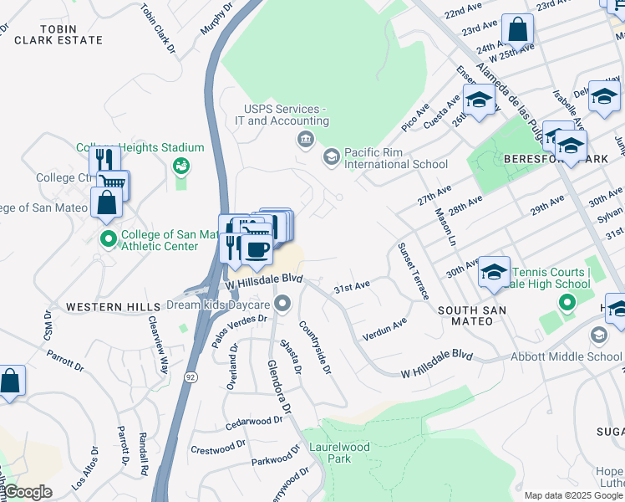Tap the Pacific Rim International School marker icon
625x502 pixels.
tap(332, 156)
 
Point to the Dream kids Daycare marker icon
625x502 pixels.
tap(283, 302)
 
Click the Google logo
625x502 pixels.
tap(28, 492)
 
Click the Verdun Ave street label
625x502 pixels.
tap(384, 328)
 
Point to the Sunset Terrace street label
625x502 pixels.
tap(413, 271)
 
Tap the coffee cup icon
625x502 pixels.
tap(256, 248)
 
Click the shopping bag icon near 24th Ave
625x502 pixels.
tap(518, 32)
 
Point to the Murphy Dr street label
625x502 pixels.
tap(216, 19)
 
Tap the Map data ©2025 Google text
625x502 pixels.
tap(572, 495)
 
